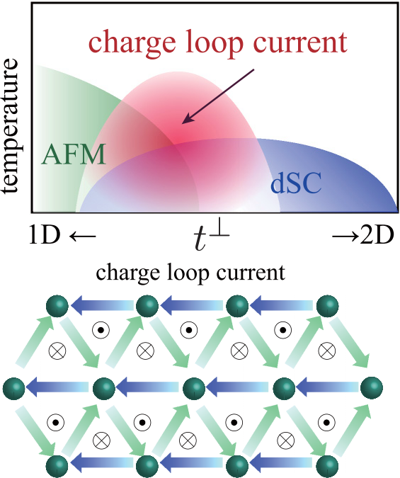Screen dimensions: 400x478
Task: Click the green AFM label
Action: [x=74, y=154]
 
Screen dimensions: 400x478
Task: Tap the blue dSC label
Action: [x=296, y=183]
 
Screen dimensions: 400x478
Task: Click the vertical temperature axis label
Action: [x=11, y=125]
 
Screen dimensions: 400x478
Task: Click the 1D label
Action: [x=44, y=234]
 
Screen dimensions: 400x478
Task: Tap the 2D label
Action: [x=377, y=234]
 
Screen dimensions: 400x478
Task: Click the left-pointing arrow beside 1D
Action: [x=83, y=236]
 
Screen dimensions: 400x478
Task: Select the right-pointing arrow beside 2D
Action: [x=345, y=236]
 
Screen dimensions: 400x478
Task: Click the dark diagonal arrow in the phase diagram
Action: [x=217, y=96]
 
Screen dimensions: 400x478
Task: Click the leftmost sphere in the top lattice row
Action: [x=57, y=306]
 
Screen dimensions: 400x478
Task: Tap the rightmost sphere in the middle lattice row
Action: [x=372, y=388]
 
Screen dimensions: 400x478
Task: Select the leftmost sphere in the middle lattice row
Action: [x=13, y=388]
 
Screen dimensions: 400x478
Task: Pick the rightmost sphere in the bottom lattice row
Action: [x=328, y=467]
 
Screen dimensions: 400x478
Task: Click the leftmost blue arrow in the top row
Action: [x=102, y=305]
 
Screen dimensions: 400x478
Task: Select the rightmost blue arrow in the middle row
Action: [x=327, y=387]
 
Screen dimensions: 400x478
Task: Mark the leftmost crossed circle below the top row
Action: [x=57, y=351]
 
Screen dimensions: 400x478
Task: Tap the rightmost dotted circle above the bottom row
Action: [x=326, y=423]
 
